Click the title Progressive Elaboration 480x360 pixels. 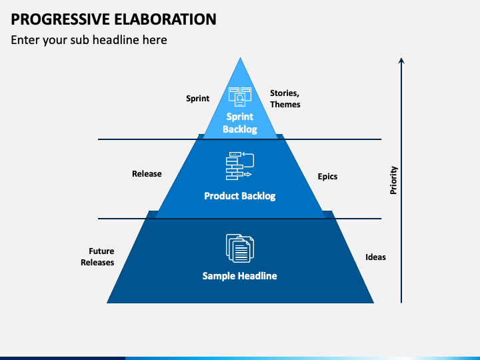click(113, 19)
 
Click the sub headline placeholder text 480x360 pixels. click(89, 40)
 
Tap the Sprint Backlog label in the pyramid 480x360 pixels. click(239, 123)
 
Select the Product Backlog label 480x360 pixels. click(239, 196)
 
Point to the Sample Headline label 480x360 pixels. click(239, 275)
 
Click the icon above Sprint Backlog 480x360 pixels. click(239, 97)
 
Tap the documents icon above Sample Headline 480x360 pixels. click(239, 247)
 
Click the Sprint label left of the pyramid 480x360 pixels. click(197, 99)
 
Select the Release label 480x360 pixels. click(147, 174)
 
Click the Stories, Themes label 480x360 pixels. click(285, 99)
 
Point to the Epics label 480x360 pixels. click(327, 177)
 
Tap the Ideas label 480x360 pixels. click(375, 257)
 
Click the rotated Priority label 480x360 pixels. click(393, 180)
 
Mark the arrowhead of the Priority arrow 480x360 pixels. click(401, 61)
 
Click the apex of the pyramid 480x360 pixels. click(240, 59)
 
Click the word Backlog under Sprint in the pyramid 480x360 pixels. click(239, 129)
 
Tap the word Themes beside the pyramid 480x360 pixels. click(285, 104)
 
